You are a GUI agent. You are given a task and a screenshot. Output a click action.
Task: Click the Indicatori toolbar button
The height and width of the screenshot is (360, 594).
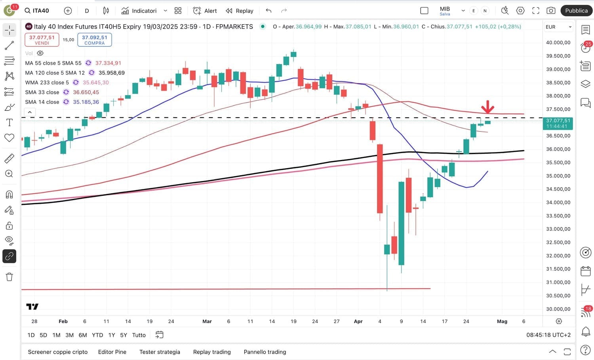tap(139, 11)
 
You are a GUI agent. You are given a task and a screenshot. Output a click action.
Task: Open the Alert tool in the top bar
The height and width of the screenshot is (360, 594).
tap(205, 11)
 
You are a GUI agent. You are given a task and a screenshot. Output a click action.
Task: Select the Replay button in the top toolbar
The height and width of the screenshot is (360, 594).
tap(240, 11)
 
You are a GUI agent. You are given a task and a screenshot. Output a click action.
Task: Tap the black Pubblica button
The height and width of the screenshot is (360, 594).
tap(576, 11)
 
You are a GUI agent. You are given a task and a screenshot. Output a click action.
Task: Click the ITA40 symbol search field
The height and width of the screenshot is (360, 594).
tap(37, 11)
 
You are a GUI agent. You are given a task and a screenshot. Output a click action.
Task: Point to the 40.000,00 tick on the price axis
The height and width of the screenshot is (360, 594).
tap(558, 42)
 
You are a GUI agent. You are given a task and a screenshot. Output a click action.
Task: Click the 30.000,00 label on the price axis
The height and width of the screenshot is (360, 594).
tap(558, 309)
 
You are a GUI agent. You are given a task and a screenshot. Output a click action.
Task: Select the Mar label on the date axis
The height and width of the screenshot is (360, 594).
tap(207, 321)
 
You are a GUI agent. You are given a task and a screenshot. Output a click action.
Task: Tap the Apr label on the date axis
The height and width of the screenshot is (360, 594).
tap(358, 321)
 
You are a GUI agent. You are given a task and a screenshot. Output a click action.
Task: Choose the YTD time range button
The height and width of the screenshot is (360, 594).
tap(97, 335)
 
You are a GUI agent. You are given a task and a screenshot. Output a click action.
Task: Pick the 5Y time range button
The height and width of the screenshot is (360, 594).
tap(124, 335)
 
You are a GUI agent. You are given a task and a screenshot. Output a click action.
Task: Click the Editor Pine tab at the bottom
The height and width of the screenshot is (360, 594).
tap(112, 352)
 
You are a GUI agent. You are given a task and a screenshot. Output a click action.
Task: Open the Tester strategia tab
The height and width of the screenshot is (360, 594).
tap(160, 352)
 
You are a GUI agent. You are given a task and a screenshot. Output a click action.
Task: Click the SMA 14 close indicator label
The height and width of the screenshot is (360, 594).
tap(42, 102)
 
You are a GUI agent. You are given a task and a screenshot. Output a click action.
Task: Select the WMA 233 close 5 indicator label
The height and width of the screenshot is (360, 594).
tap(47, 82)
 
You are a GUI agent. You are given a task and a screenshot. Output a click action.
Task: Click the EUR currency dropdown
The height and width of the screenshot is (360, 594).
tap(558, 27)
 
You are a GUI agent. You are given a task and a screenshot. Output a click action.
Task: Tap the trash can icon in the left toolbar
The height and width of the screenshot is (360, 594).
tap(10, 277)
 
